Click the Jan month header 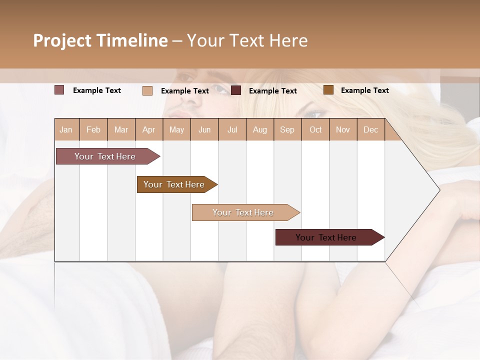(66, 130)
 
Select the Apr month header (149, 130)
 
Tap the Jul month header (232, 130)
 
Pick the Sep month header (287, 130)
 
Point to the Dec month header (371, 130)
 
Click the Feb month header (93, 130)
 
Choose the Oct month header (315, 130)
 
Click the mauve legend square (59, 90)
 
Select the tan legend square (147, 90)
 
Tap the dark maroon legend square (236, 90)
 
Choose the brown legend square (328, 90)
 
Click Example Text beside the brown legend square (364, 90)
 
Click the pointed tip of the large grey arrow (438, 189)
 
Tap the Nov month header (343, 130)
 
